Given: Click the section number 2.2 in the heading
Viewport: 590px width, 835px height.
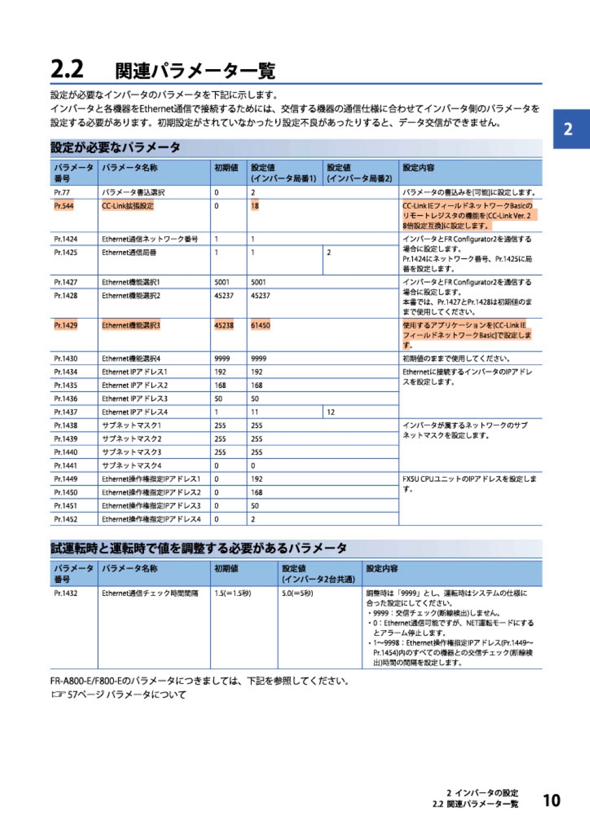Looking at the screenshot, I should (x=67, y=69).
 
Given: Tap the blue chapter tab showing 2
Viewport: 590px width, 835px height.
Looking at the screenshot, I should (x=569, y=129).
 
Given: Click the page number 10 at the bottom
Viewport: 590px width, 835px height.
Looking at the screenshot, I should (x=551, y=800).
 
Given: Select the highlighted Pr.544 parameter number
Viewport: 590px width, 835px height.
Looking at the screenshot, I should (x=64, y=206).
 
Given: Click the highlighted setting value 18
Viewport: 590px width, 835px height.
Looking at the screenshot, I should (x=255, y=206).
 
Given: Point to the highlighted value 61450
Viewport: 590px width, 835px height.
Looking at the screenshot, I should (x=260, y=325).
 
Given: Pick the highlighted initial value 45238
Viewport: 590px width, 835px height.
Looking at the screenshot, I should (x=224, y=325).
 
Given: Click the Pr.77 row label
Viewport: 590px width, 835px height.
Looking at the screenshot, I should (x=62, y=193).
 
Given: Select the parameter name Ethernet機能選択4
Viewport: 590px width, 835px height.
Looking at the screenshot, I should (x=131, y=358).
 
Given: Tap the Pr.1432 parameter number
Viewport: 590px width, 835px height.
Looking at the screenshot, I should (x=65, y=593).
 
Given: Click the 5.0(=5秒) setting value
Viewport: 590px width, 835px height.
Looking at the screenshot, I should (x=297, y=593).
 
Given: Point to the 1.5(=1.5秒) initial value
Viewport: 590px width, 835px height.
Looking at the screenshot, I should (x=232, y=593).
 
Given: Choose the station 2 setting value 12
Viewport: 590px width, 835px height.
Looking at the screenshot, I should (x=330, y=412).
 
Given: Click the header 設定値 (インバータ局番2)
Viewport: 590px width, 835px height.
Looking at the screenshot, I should (x=359, y=173).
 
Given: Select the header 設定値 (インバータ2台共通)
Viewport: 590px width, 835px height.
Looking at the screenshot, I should (x=318, y=573).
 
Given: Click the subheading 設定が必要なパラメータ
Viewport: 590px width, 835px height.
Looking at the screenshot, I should (x=116, y=148).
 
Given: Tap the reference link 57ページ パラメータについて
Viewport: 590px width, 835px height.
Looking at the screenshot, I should (x=126, y=694).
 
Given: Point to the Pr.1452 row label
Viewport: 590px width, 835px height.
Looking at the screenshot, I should (x=65, y=519).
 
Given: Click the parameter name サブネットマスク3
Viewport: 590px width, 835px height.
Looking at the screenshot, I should (x=132, y=452).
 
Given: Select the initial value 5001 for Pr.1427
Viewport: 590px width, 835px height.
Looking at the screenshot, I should (x=222, y=282).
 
